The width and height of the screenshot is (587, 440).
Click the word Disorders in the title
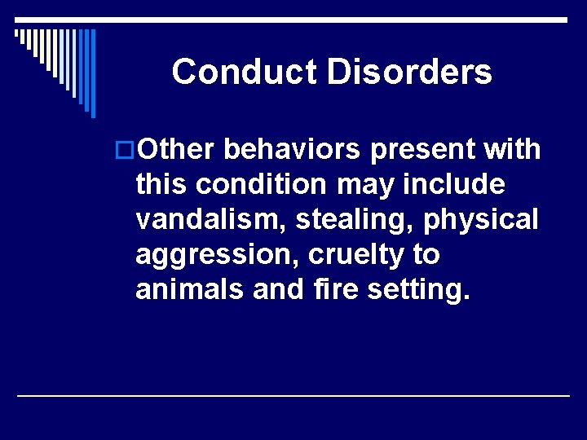pos(409,72)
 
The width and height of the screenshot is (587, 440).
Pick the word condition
pos(260,185)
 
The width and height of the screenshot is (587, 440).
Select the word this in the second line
pos(161,185)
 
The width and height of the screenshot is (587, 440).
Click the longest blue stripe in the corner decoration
pos(93,73)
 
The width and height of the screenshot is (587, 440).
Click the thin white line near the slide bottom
pos(293,395)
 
